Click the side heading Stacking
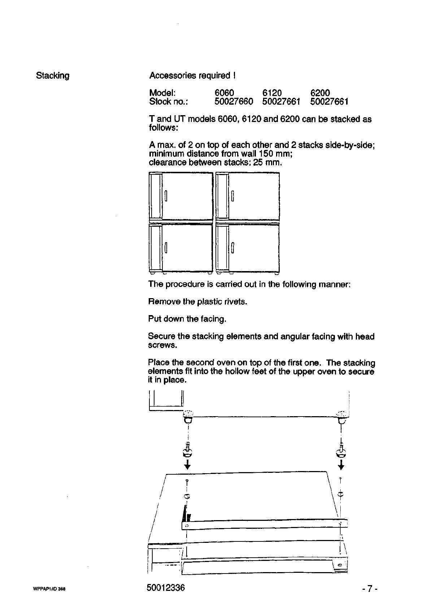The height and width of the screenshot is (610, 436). tap(53, 76)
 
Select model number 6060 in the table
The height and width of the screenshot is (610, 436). tap(224, 93)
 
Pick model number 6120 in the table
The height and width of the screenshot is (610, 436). tap(272, 93)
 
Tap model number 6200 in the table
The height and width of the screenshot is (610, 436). tap(320, 93)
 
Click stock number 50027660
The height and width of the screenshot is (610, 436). tap(234, 102)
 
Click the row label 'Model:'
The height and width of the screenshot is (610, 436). tap(162, 93)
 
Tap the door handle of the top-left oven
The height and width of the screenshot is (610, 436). tap(166, 196)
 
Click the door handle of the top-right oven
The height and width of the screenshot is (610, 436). tap(233, 196)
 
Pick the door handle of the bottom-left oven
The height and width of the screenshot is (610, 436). tap(166, 248)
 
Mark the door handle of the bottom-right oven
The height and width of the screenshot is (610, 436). tap(233, 248)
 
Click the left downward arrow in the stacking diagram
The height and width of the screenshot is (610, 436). tap(187, 465)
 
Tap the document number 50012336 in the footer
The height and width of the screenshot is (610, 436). tap(166, 588)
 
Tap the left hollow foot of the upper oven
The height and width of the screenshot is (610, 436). tap(188, 417)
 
